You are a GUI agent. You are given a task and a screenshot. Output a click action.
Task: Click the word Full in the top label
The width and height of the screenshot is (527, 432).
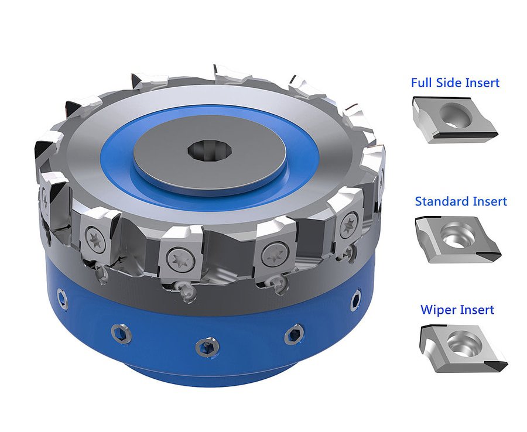(x=422, y=83)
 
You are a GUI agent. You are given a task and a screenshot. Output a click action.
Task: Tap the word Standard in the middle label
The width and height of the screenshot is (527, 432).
(x=440, y=201)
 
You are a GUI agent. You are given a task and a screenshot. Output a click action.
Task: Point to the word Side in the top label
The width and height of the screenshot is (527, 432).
(x=449, y=83)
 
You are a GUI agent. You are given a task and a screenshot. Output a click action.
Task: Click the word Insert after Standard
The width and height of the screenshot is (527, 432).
(x=488, y=201)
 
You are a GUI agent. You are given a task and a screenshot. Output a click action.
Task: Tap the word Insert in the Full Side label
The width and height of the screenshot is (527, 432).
(x=482, y=83)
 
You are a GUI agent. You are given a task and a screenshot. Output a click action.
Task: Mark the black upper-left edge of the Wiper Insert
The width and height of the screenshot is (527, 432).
(x=426, y=332)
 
